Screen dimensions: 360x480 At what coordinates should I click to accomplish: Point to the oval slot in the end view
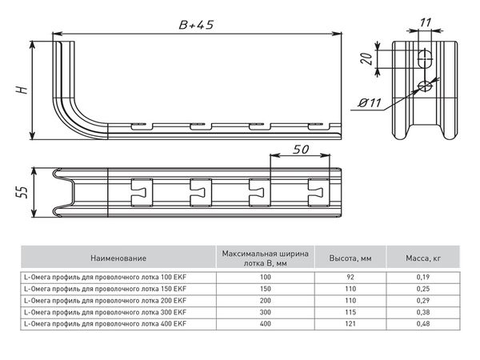pos(428,58)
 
